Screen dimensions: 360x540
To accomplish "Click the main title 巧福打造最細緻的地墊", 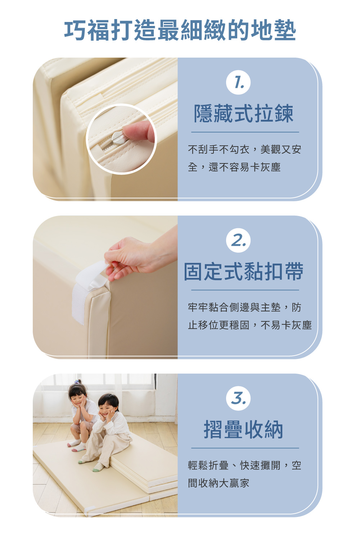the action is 180,30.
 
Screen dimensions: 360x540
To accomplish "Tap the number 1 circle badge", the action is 238,82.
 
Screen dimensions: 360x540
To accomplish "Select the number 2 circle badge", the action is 238,240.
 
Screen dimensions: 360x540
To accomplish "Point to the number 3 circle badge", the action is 238,398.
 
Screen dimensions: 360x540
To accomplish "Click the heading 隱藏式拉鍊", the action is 244,113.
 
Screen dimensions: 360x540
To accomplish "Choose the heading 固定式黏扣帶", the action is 244,271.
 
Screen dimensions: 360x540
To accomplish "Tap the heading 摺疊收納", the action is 243,429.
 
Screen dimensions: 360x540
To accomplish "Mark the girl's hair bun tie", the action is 77,381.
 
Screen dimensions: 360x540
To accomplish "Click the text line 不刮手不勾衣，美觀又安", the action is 244,149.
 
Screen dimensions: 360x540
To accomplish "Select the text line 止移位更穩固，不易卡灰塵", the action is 250,325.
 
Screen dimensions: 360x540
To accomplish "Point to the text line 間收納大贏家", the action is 219,483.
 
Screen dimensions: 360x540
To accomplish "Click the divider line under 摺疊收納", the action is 245,448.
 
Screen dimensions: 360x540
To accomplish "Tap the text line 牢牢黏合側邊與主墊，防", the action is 244,307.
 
